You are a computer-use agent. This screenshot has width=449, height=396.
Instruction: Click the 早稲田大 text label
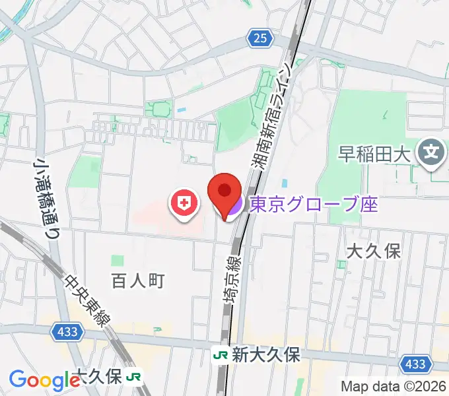(x=375, y=155)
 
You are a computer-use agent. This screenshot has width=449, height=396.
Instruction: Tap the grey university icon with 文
(x=432, y=155)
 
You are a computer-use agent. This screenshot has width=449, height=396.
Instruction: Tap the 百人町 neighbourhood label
(x=137, y=280)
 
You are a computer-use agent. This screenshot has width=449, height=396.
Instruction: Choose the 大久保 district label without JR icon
(x=374, y=251)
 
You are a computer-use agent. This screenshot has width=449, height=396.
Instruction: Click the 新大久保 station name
(x=265, y=355)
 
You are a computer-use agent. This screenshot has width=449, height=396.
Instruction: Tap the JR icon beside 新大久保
(x=219, y=355)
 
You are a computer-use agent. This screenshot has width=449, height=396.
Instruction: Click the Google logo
(x=44, y=379)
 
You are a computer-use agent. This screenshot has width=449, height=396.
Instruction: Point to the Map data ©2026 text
(x=394, y=386)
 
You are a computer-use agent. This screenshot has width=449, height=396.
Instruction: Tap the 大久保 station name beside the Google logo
(x=99, y=377)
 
